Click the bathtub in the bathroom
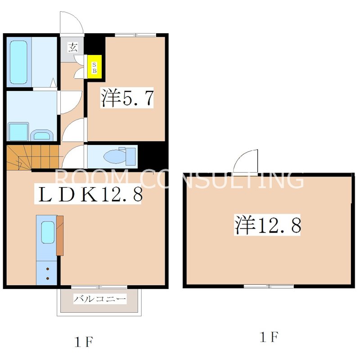(18, 63)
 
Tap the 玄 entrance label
(72, 46)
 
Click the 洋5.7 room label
(127, 98)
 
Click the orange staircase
(32, 157)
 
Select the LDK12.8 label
(90, 194)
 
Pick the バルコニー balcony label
(99, 298)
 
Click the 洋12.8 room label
(267, 225)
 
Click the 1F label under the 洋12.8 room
(269, 337)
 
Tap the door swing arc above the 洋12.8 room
(247, 161)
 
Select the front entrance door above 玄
(72, 22)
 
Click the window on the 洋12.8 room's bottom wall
(269, 286)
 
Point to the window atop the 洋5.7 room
(135, 35)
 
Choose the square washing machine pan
(18, 131)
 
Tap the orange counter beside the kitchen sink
(60, 235)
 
